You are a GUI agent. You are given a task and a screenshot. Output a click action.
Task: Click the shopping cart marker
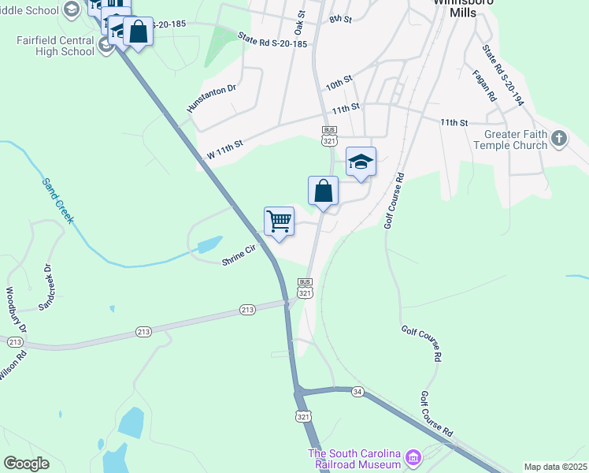tap(280, 222)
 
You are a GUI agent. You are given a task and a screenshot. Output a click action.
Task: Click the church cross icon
tap(559, 140)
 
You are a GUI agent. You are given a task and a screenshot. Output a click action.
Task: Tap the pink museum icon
tap(413, 457)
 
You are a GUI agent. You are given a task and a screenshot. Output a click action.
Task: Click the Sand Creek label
tap(57, 200)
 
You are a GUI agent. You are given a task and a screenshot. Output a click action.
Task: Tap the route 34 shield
tap(358, 392)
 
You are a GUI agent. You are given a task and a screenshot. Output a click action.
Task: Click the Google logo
tap(27, 464)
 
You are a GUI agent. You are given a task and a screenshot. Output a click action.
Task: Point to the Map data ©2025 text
tap(555, 467)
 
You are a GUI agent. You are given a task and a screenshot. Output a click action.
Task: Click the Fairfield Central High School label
tap(55, 46)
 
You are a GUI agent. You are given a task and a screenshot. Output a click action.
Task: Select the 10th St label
tap(339, 82)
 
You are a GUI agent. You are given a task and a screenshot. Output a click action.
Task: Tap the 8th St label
tap(340, 18)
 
